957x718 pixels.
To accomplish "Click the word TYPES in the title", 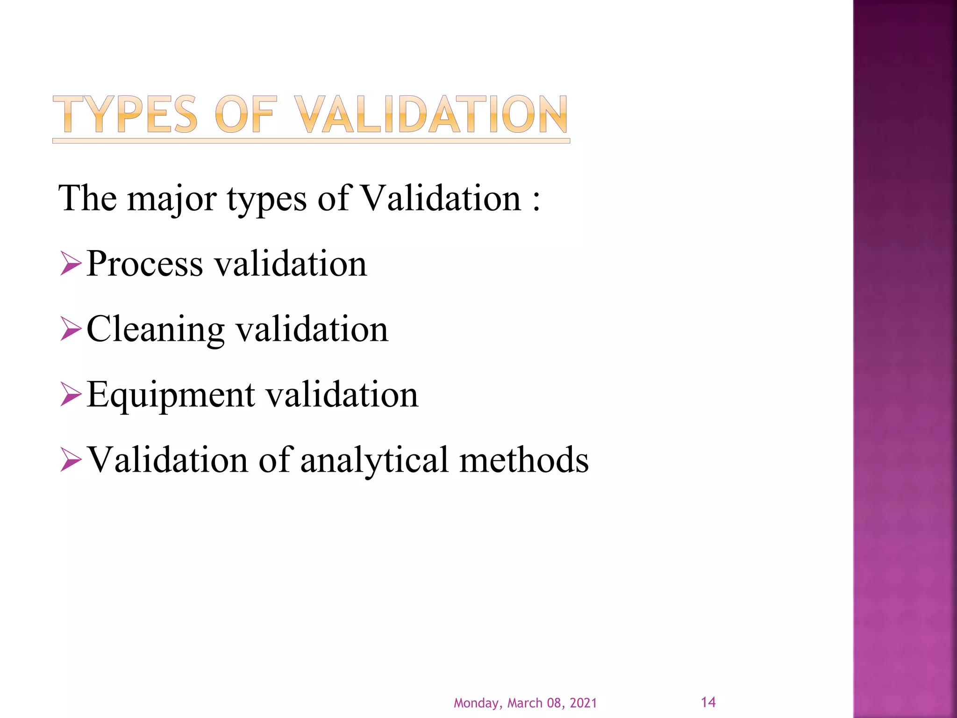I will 125,115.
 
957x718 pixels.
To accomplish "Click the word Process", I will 145,264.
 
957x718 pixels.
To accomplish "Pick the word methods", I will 524,460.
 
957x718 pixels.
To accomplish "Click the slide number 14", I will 708,702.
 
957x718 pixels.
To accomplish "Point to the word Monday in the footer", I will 476,704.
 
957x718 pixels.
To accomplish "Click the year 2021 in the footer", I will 583,703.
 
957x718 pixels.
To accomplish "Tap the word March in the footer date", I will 525,703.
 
